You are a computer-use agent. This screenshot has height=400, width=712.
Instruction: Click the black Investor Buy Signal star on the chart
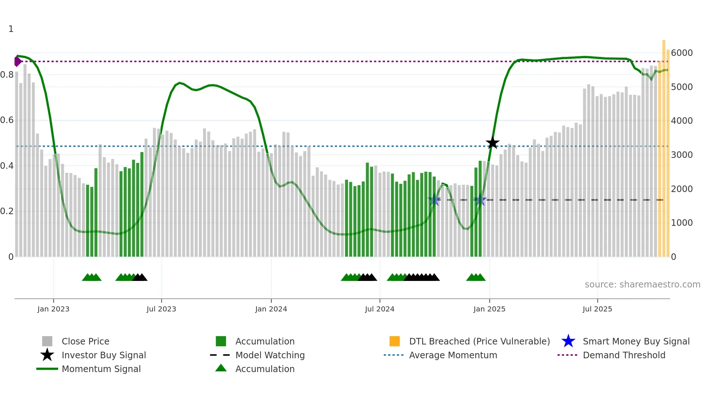493,143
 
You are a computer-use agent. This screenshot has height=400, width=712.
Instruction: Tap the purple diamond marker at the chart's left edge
17,61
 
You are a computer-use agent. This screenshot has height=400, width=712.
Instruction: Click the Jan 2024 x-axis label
271,309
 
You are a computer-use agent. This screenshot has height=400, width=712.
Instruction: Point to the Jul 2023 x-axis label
161,309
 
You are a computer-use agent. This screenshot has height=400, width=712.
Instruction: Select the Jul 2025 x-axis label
597,309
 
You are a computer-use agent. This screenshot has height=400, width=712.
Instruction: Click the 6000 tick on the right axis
681,53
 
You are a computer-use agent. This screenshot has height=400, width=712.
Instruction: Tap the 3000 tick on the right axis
681,155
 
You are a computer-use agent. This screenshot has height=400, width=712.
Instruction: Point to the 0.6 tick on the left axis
7,120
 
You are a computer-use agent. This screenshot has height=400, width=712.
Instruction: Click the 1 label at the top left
11,29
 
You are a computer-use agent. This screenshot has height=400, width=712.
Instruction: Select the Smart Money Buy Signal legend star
568,341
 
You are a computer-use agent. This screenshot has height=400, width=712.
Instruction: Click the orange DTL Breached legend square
395,341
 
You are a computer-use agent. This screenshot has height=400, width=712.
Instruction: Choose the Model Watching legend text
270,355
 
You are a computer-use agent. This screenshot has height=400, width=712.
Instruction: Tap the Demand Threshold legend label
624,355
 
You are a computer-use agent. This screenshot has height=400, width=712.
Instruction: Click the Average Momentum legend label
453,355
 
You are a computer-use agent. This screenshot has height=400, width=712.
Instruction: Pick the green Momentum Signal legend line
47,369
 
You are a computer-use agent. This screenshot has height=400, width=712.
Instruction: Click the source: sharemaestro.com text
642,285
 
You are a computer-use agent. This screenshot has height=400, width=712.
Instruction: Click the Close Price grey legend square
47,341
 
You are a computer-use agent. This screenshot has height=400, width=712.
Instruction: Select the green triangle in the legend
221,368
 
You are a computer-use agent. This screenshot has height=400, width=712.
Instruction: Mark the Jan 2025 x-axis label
489,309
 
